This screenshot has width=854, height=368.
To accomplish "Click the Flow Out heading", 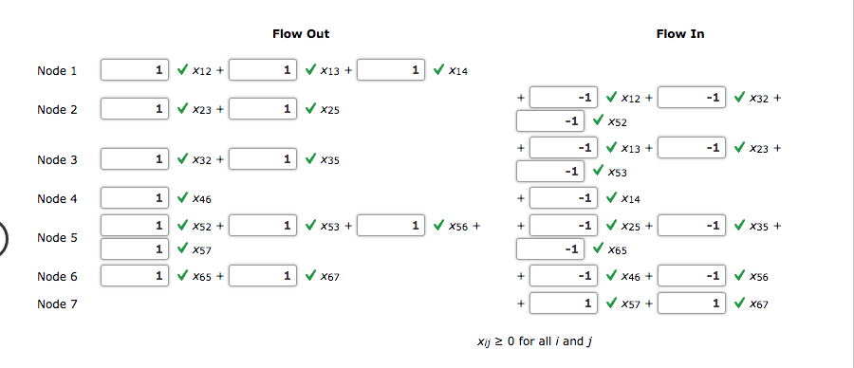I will pyautogui.click(x=301, y=34).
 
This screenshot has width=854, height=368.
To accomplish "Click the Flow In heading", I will pyautogui.click(x=680, y=34).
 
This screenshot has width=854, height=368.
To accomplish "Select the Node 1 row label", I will pyautogui.click(x=56, y=71).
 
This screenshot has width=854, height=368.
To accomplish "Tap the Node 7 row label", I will pyautogui.click(x=56, y=304).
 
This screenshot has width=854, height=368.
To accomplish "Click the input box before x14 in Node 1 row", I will pyautogui.click(x=392, y=70).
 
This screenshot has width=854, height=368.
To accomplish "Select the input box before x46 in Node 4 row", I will pyautogui.click(x=135, y=198).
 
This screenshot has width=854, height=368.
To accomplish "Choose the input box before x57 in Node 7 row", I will pyautogui.click(x=563, y=304).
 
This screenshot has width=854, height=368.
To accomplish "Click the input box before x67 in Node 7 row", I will pyautogui.click(x=692, y=304).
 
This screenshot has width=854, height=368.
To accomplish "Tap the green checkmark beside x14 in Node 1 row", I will pyautogui.click(x=438, y=70).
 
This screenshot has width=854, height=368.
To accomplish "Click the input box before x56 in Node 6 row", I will pyautogui.click(x=692, y=276).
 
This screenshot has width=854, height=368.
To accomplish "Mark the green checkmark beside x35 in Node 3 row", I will pyautogui.click(x=309, y=159).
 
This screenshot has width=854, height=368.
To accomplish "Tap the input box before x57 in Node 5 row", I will pyautogui.click(x=135, y=249).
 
